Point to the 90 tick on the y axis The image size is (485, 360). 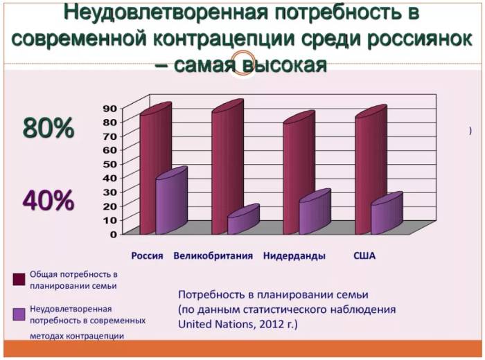click(x=110, y=108)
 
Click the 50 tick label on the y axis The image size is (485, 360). click(x=110, y=164)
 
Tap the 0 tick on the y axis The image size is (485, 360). click(x=113, y=234)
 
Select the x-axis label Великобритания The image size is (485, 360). click(x=213, y=255)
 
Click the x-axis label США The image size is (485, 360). click(x=364, y=255)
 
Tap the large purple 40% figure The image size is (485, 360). click(x=48, y=201)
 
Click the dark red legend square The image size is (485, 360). click(x=19, y=279)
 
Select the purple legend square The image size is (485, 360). click(x=19, y=314)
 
